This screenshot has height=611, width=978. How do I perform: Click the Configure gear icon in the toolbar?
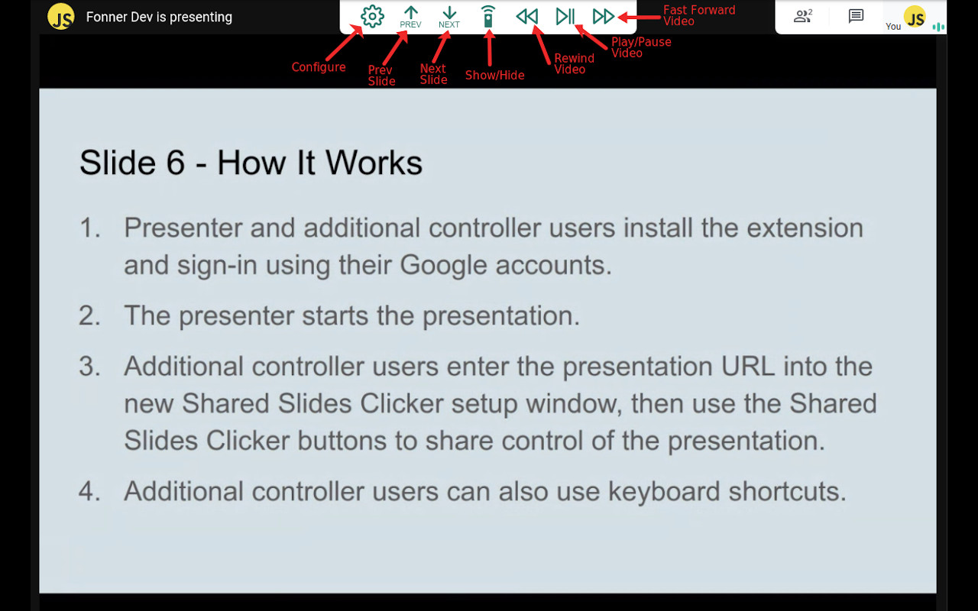click(x=372, y=16)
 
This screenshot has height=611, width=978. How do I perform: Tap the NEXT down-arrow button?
click(x=449, y=17)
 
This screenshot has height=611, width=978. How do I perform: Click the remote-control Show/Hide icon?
click(x=488, y=16)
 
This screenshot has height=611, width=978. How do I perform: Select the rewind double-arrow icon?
click(x=526, y=16)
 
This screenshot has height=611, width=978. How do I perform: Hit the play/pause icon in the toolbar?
click(x=565, y=16)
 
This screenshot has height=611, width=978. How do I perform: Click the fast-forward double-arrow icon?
click(x=604, y=16)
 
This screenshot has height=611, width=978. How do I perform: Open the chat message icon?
click(x=856, y=16)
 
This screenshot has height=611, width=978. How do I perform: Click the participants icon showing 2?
click(x=802, y=16)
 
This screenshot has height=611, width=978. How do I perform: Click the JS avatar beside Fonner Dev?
click(x=61, y=17)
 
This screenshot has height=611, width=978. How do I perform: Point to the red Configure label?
click(x=319, y=67)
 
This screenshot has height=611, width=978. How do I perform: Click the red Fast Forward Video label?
click(x=698, y=15)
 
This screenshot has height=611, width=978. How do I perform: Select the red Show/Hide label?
click(x=494, y=75)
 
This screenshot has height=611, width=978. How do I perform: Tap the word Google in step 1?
click(x=443, y=264)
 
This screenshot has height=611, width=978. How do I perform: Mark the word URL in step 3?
click(x=748, y=366)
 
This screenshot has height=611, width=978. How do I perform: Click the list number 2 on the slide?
click(x=89, y=315)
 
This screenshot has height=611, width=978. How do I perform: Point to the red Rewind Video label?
click(x=574, y=63)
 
